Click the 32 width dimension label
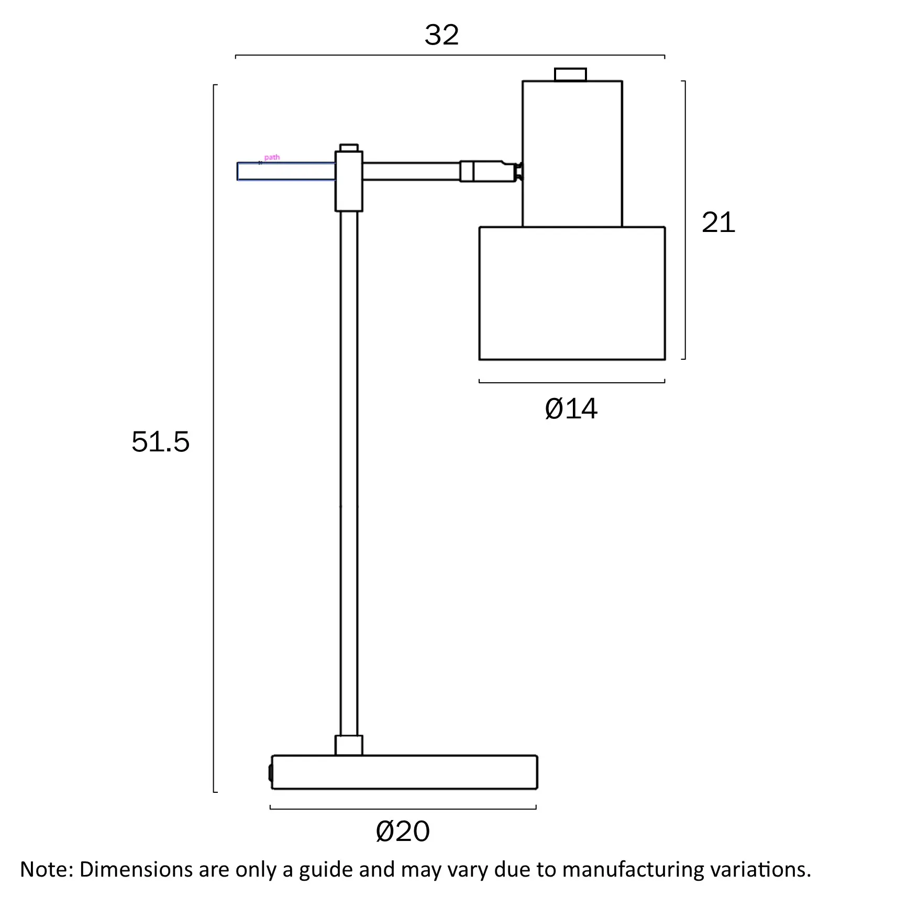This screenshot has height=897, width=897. (x=441, y=35)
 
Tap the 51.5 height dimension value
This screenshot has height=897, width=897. (x=160, y=441)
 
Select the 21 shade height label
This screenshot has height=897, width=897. (x=718, y=222)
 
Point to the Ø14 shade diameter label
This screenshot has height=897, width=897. (x=571, y=408)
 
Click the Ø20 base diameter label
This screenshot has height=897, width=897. (x=403, y=831)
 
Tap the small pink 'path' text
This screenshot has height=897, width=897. (x=272, y=157)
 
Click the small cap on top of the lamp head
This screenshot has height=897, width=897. (x=570, y=75)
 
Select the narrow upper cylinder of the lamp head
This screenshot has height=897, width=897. (x=572, y=154)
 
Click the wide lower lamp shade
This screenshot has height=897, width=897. (x=572, y=293)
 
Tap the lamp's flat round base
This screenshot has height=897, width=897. (x=404, y=772)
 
